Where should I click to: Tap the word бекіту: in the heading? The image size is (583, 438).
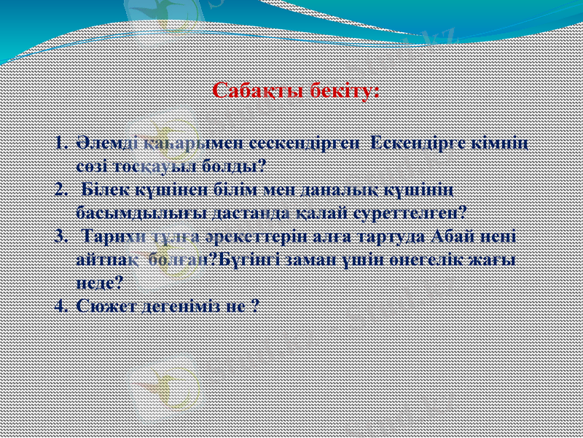point(342,91)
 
